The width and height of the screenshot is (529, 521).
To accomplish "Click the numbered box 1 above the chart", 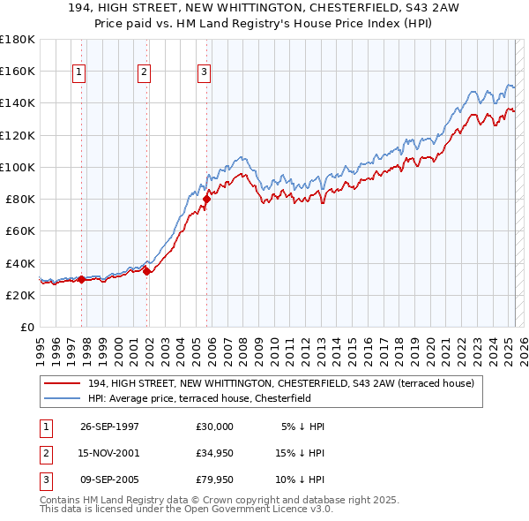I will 79,72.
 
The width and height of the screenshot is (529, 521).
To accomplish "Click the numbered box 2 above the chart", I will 144,72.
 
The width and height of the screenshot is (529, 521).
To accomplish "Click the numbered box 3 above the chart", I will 204,72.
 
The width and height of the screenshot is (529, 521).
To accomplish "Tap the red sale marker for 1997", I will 81,279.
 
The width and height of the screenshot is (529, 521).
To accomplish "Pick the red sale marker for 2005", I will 206,199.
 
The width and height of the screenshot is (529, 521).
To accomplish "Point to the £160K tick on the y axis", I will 18,71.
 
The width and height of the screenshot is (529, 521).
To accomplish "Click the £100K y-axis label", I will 18,167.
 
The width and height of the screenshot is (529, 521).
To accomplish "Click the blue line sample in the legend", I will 62,398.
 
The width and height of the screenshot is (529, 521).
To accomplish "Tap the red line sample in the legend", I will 62,383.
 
